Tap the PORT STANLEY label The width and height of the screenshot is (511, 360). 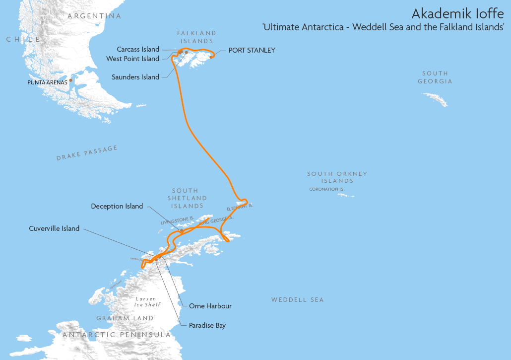252,50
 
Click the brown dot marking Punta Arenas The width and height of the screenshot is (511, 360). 71,80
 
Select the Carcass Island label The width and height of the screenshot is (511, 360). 138,49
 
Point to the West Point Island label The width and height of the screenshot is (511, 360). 132,59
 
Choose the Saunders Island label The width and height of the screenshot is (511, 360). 135,77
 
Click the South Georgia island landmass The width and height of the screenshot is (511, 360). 437,99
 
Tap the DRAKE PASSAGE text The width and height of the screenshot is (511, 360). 87,153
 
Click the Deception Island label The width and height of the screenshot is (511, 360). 117,206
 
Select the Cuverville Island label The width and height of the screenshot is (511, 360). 54,228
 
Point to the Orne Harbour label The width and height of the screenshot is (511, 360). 210,306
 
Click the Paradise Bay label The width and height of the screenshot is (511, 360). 207,325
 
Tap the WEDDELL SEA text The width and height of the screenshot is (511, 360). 297,299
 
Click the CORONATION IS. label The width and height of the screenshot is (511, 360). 326,189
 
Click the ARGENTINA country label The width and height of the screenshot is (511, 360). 94,16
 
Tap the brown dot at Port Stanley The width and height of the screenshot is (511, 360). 211,57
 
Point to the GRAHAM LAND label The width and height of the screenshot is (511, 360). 125,318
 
